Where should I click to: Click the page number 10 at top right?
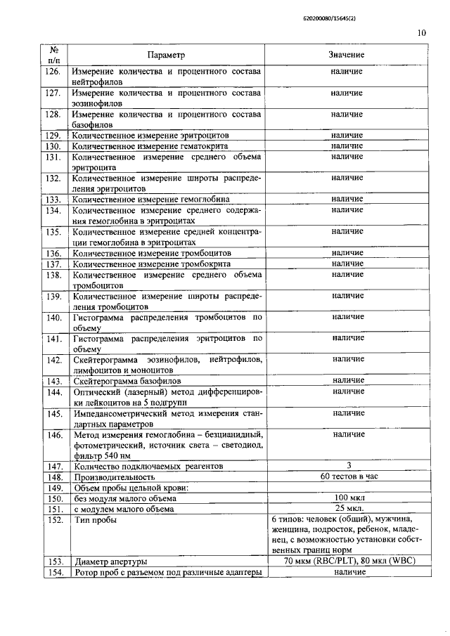[422, 32]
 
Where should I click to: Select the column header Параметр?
[167, 55]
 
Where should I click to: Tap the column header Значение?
[346, 55]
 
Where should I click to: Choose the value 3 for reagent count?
[349, 465]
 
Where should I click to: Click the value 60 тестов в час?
[349, 476]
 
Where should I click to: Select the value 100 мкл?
[349, 497]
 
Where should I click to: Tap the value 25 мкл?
[349, 507]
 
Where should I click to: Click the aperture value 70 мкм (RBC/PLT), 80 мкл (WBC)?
[349, 561]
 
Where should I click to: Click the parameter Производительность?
[111, 476]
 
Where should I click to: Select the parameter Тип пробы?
[96, 519]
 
